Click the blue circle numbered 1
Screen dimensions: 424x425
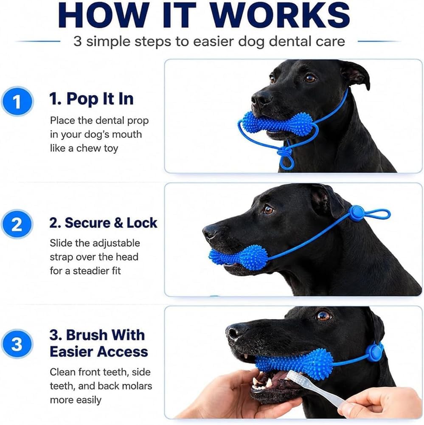tap(17, 101)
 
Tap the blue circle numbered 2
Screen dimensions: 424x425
tap(17, 225)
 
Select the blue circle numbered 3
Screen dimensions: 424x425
tap(17, 344)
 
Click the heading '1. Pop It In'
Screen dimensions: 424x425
tap(92, 99)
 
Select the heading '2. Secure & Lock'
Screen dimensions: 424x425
tap(103, 223)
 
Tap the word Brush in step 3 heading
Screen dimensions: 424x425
tap(106, 335)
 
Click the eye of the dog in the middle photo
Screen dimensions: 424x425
tap(269, 209)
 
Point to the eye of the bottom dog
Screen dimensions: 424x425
tap(323, 316)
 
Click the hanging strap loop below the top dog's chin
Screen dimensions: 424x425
tap(286, 160)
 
